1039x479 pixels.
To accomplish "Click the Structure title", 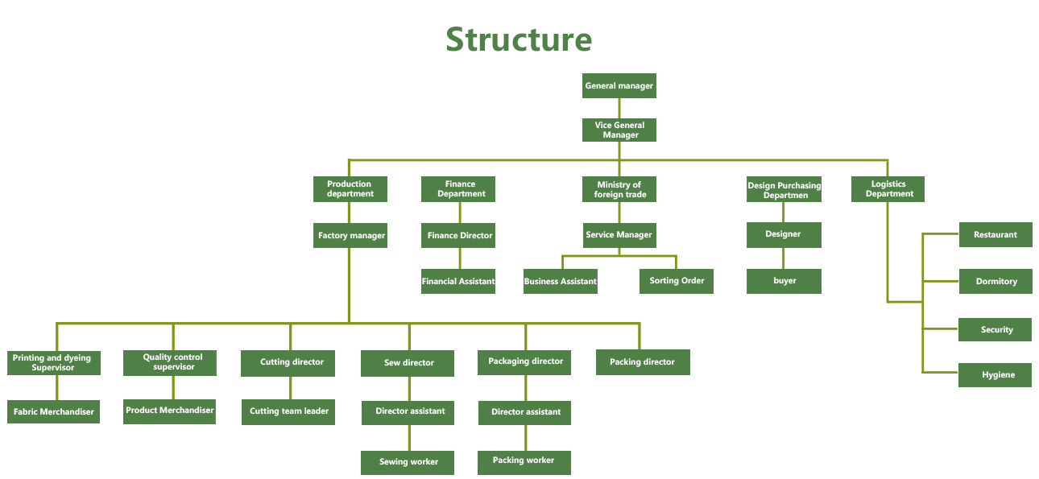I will coord(519,39).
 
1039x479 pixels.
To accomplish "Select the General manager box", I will coord(619,86).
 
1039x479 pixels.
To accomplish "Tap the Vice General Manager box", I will coord(619,130).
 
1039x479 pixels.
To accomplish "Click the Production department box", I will coord(350,189).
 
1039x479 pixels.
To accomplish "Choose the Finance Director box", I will coord(459,236).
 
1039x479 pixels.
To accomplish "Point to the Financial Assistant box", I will coord(457,282).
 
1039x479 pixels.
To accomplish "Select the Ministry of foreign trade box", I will coord(619,189).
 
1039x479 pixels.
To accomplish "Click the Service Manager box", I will coord(619,235).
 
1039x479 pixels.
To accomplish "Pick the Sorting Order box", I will coord(677,281).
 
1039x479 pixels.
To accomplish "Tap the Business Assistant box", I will coord(561,282).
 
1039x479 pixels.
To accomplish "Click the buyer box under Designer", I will coord(784,281).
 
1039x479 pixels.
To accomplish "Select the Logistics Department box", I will coord(888,189).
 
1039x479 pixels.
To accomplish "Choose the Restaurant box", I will coord(995,235).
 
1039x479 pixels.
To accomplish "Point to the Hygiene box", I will coord(995,375).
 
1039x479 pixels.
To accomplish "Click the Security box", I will coord(995,330).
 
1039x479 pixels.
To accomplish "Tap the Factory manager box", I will coord(350,236).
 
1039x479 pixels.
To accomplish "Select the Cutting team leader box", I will coord(288,411).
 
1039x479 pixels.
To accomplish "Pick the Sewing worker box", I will coord(408,462).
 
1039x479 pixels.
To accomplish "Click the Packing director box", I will coord(642,362).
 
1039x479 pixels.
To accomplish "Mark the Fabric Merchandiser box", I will coord(53,411).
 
